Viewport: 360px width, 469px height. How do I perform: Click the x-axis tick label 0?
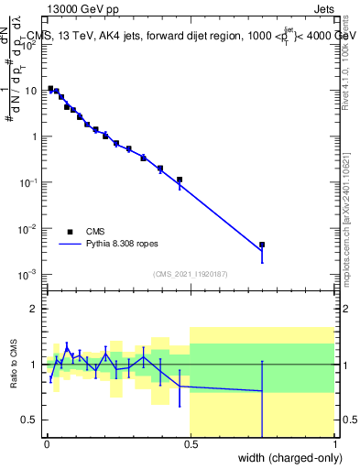tap(46, 444)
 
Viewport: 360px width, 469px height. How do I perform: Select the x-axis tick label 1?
tap(334, 444)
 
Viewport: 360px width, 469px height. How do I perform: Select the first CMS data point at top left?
tap(50, 88)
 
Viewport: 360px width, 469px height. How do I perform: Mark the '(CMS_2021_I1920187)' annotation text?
tap(190, 273)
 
